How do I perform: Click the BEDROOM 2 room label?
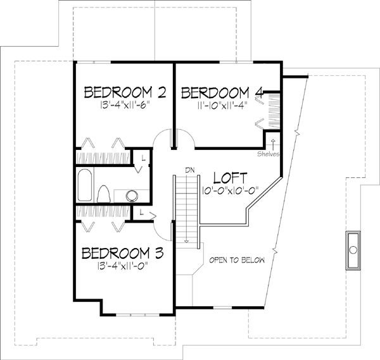click(125, 93)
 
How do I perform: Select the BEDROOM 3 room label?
click(122, 254)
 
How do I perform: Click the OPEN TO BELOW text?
click(237, 260)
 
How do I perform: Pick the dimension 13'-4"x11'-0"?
click(122, 268)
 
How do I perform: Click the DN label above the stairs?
click(187, 169)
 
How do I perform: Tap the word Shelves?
click(268, 153)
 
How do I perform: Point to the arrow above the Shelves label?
click(272, 142)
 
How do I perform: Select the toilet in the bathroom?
click(105, 193)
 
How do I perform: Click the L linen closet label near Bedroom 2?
click(144, 156)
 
